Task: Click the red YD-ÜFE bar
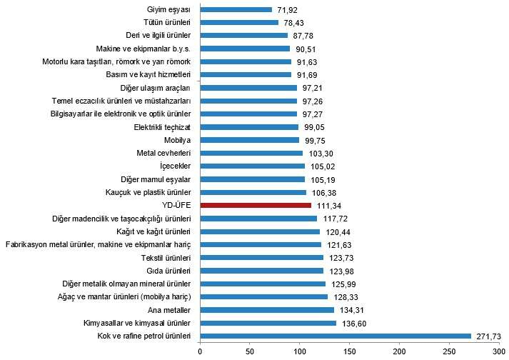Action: pyautogui.click(x=256, y=206)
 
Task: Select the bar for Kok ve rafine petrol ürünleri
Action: pyautogui.click(x=336, y=336)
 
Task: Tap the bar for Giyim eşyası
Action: pyautogui.click(x=236, y=9)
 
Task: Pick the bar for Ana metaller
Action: pyautogui.click(x=267, y=310)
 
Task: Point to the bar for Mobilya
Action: pyautogui.click(x=250, y=140)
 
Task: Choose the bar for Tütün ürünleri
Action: pyautogui.click(x=239, y=22)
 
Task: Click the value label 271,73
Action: pyautogui.click(x=489, y=336)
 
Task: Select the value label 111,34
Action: pyautogui.click(x=328, y=206)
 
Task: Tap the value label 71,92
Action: pyautogui.click(x=287, y=9)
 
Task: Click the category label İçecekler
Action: pyautogui.click(x=175, y=166)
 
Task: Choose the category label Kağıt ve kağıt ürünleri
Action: pyautogui.click(x=153, y=231)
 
